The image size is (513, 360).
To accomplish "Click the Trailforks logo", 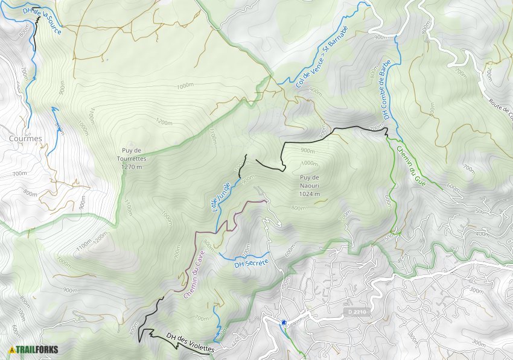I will (30, 350).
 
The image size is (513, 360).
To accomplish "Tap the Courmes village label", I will (26, 138).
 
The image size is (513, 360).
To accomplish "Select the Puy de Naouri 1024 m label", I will (308, 181).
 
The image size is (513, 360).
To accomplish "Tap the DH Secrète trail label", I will (250, 264).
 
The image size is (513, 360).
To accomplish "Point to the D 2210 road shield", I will (358, 312).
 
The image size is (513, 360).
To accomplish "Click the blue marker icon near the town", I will (283, 322).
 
